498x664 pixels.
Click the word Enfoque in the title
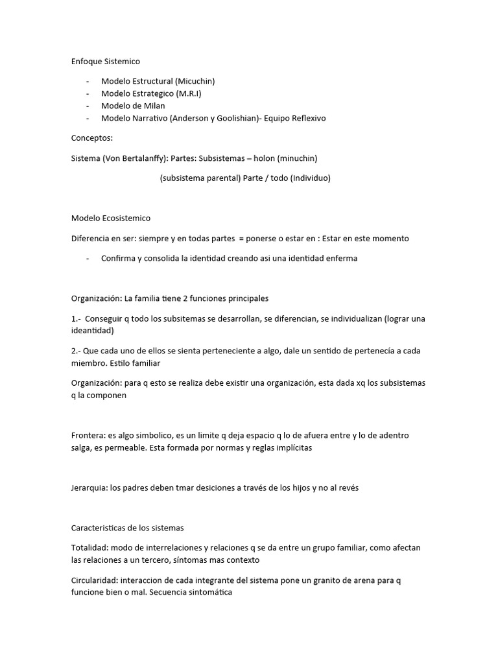87,61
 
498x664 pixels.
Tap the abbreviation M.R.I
187,93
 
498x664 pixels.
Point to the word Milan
154,106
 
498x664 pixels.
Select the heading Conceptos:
91,138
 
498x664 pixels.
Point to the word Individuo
309,178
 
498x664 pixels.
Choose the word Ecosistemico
126,218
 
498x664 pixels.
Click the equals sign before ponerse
241,238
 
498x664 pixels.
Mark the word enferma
341,258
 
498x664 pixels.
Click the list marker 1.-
76,318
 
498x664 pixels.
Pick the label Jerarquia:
89,488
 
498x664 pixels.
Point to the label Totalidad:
89,548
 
